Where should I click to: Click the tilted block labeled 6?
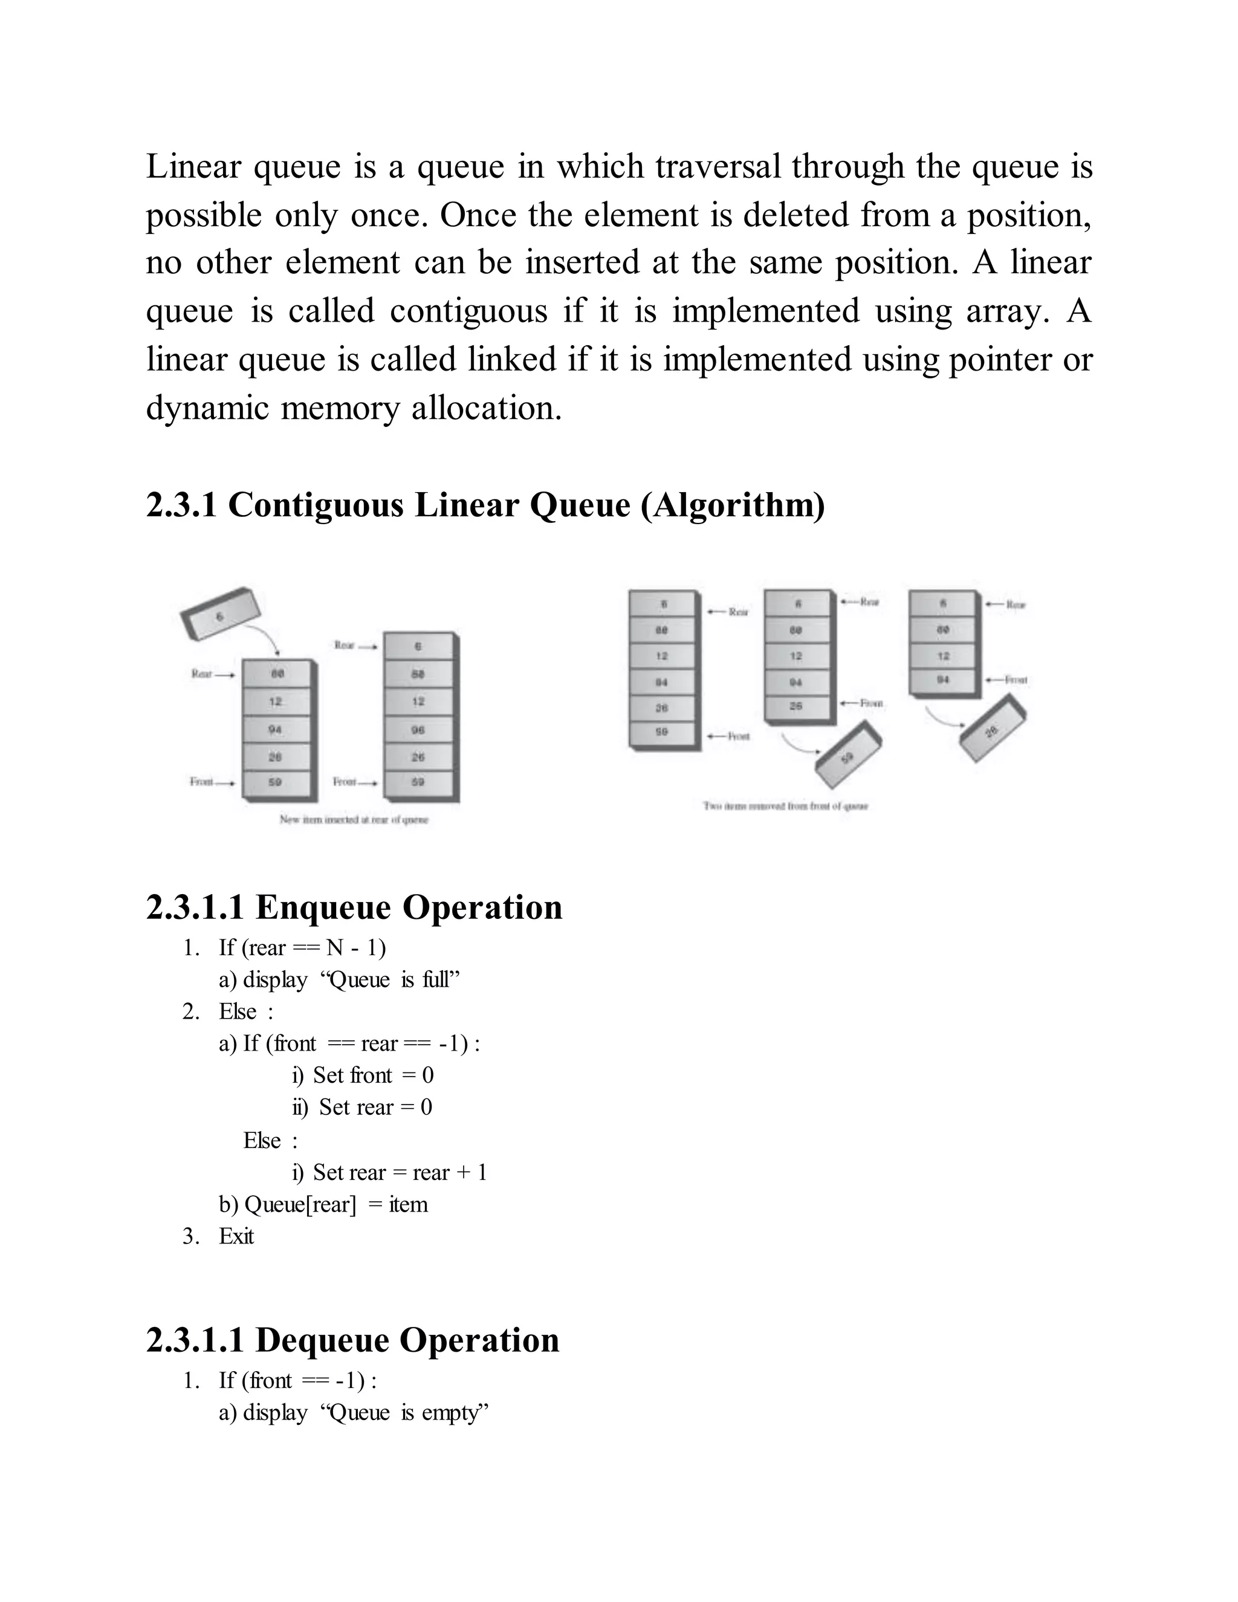coord(220,615)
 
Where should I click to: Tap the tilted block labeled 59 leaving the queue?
coord(848,757)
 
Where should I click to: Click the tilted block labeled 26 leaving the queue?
coord(993,731)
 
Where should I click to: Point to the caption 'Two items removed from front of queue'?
coord(785,806)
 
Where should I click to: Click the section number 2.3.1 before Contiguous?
coord(181,505)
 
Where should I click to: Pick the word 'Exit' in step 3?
coord(236,1236)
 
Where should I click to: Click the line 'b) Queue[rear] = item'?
coord(323,1204)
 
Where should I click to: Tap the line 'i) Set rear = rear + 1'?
coord(389,1172)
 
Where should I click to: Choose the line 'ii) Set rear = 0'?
coord(362,1107)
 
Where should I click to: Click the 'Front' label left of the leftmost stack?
coord(203,782)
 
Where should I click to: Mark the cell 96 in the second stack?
coord(418,730)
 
